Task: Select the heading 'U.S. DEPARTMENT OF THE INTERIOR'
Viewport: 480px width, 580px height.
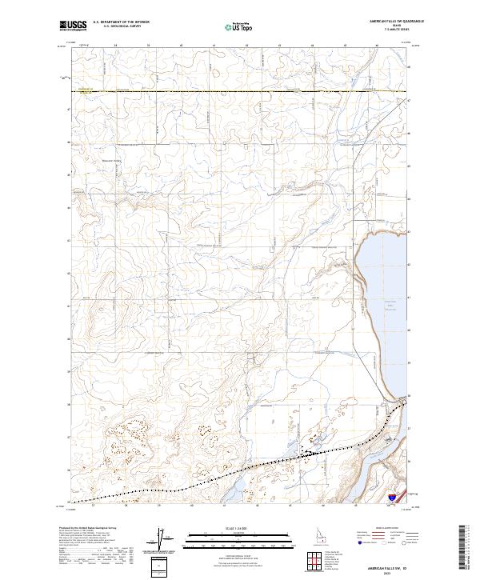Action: click(121, 22)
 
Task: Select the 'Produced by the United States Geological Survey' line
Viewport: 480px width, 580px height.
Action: click(90, 529)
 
